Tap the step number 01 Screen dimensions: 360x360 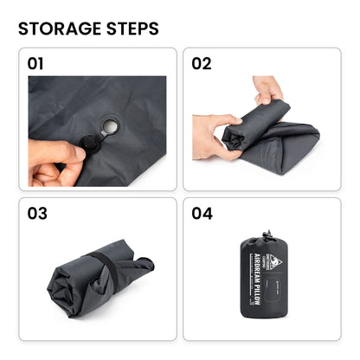click(35, 63)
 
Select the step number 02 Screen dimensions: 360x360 click(201, 63)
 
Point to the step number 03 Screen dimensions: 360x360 click(36, 214)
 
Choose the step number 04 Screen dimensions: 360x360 click(201, 214)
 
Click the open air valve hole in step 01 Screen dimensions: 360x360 click(111, 128)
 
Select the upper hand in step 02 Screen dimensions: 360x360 click(267, 87)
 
